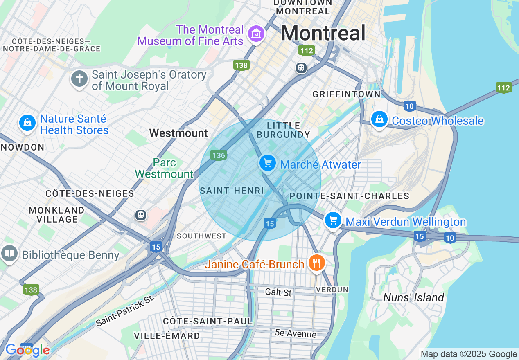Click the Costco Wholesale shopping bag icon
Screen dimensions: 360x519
pyautogui.click(x=379, y=119)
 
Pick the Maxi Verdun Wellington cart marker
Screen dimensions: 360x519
pyautogui.click(x=333, y=220)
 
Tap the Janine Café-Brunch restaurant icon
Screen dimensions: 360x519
pyautogui.click(x=316, y=263)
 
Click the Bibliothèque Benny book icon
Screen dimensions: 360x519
pyautogui.click(x=9, y=254)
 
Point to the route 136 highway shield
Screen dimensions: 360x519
pyautogui.click(x=219, y=155)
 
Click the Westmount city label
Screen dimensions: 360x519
pyautogui.click(x=178, y=133)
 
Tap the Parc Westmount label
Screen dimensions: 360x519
pyautogui.click(x=164, y=168)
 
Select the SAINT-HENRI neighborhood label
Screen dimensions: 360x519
pyautogui.click(x=232, y=191)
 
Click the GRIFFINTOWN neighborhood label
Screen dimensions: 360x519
pyautogui.click(x=346, y=94)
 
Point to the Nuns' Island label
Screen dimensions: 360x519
pyautogui.click(x=413, y=297)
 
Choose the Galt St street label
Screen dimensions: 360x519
pyautogui.click(x=278, y=292)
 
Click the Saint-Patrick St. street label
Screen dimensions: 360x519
pyautogui.click(x=126, y=310)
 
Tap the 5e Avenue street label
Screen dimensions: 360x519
pyautogui.click(x=296, y=333)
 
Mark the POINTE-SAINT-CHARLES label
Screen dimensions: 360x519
pyautogui.click(x=349, y=196)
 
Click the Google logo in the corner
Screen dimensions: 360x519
pyautogui.click(x=27, y=350)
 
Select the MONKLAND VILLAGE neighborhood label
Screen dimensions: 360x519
pyautogui.click(x=56, y=215)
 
